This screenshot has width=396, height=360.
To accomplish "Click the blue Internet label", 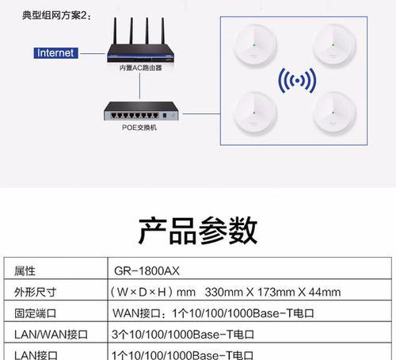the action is click(x=55, y=53).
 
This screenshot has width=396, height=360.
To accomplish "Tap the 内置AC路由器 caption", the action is click(x=140, y=68).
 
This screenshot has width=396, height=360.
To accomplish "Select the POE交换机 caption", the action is click(x=139, y=128).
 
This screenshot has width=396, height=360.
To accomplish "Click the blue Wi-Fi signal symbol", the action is click(x=297, y=81).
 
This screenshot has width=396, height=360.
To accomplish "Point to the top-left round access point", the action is click(x=255, y=44).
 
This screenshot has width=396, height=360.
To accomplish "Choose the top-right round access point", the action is click(x=333, y=44).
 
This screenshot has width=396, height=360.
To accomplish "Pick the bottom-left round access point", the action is click(x=255, y=113).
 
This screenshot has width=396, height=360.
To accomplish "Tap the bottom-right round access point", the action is click(x=333, y=113).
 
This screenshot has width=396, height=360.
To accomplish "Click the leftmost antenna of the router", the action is click(x=115, y=31).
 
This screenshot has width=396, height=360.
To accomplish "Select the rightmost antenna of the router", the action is click(x=163, y=31).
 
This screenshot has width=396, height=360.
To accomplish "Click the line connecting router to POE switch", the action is click(x=139, y=86).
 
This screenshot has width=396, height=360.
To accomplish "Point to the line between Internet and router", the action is click(x=93, y=53).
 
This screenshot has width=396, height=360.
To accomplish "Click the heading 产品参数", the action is click(x=198, y=231).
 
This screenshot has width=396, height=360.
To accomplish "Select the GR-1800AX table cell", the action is click(x=147, y=271).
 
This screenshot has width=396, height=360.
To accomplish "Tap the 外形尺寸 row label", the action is click(x=36, y=292).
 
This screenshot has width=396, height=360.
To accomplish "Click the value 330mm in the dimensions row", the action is click(x=223, y=293).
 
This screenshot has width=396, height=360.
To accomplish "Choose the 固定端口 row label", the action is click(x=36, y=313).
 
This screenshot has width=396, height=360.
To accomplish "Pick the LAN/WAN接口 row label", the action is click(x=51, y=335).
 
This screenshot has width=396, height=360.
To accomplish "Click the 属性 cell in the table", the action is click(x=25, y=271).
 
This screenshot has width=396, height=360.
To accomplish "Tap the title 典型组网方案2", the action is click(x=57, y=15).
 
